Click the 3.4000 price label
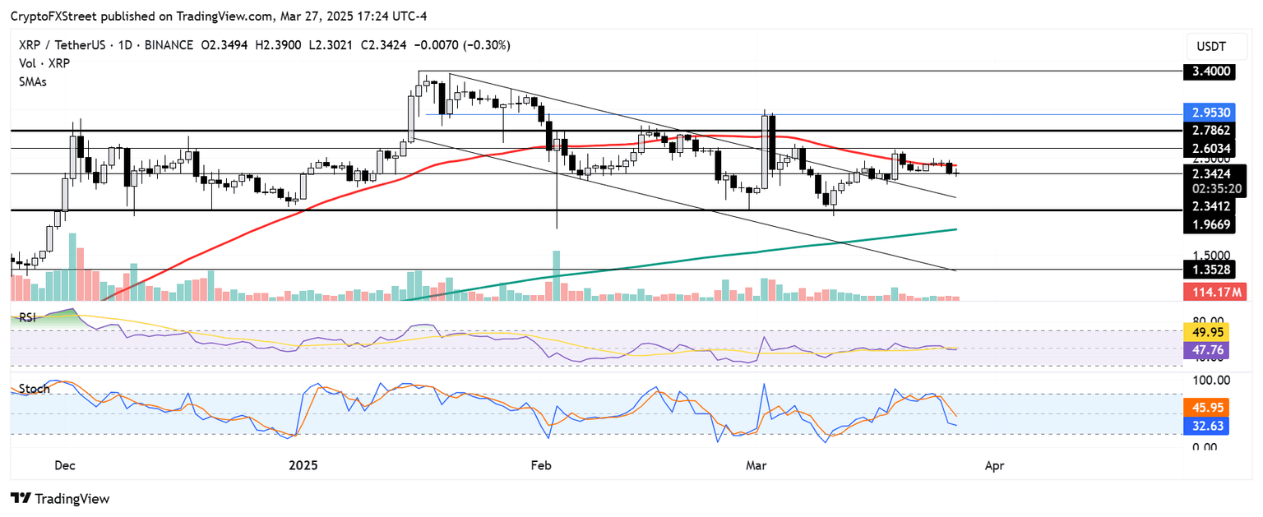1212,72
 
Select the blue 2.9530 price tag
1212,111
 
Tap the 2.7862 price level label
1212,130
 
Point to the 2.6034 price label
1212,148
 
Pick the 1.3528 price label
1212,269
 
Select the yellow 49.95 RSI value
1212,332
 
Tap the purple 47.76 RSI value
1212,349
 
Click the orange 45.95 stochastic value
1212,406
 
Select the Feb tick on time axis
539,466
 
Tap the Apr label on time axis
994,466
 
